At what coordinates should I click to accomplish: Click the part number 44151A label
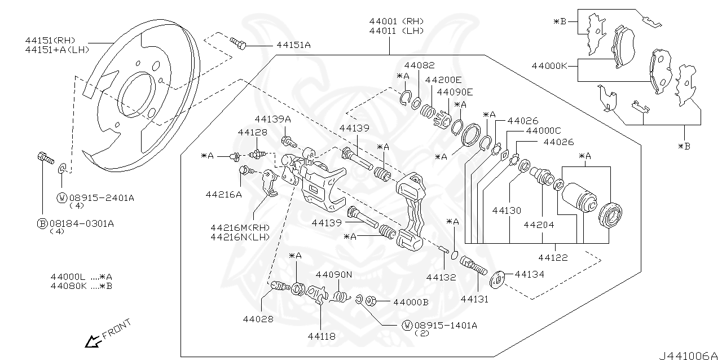coord(293,45)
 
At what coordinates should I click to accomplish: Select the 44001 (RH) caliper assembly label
coord(396,21)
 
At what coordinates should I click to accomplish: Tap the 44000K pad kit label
coord(549,66)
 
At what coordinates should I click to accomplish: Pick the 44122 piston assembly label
coord(553,257)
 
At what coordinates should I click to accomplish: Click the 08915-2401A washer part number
coord(102,197)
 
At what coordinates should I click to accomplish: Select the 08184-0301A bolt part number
coord(82,223)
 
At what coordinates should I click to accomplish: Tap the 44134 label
coord(529,274)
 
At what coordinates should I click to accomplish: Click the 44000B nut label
coord(411,302)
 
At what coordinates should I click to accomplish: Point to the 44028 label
coord(258,319)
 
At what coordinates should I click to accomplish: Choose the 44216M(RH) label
coord(240,227)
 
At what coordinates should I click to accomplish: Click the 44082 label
coord(419,65)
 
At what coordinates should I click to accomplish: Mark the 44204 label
coord(539,225)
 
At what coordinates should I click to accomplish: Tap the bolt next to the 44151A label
coord(238,43)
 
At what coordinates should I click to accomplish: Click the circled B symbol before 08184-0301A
coord(42,223)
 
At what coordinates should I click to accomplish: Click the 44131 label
coord(474,299)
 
